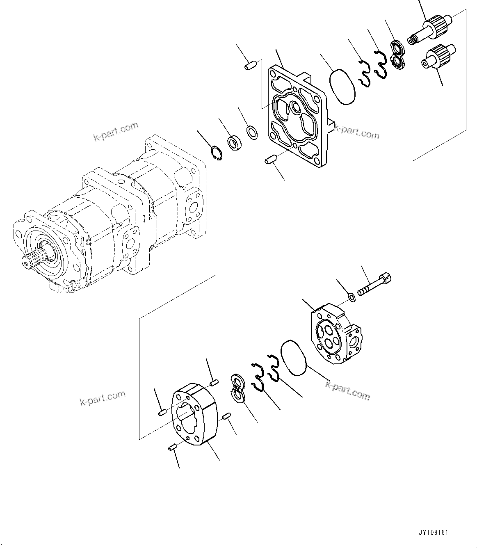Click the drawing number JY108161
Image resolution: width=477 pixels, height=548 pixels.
[x=434, y=532]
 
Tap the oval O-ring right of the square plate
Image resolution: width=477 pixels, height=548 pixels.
[x=342, y=86]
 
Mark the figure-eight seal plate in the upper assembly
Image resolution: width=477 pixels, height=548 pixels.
[x=397, y=55]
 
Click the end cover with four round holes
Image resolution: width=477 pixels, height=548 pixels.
[x=337, y=332]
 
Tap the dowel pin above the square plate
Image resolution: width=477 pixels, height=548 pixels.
[x=251, y=65]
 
